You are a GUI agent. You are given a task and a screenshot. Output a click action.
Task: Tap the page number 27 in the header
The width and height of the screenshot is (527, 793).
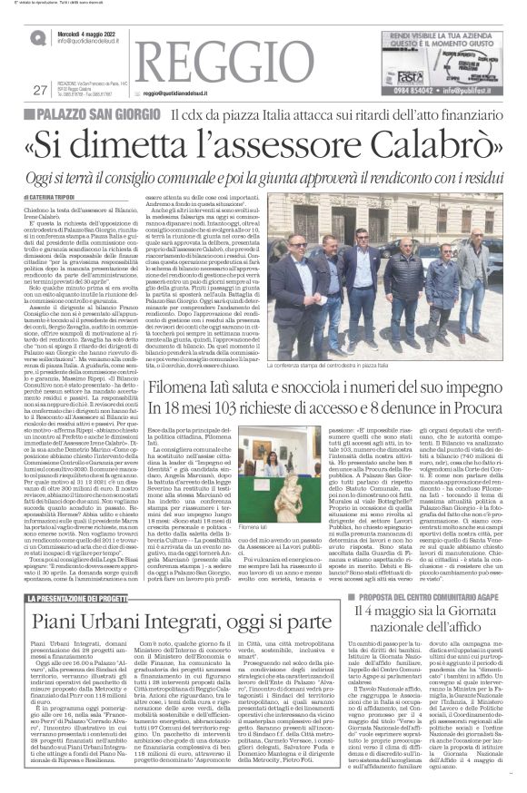coord(39,114)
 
